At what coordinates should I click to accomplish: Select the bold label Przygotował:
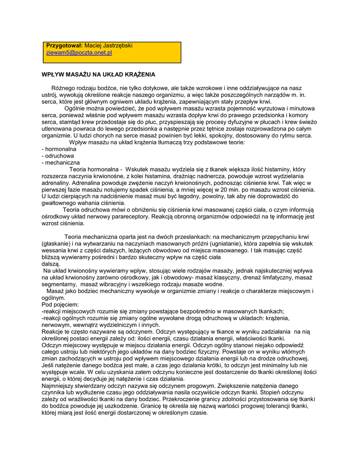click(x=64, y=46)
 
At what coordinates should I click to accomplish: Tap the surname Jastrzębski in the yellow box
click(x=117, y=46)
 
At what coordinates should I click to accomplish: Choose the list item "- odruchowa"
click(x=57, y=156)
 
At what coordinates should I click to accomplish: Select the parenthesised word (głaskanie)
click(x=56, y=243)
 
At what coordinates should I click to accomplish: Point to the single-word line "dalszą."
click(x=51, y=263)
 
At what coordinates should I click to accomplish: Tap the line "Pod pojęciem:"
click(x=60, y=304)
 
